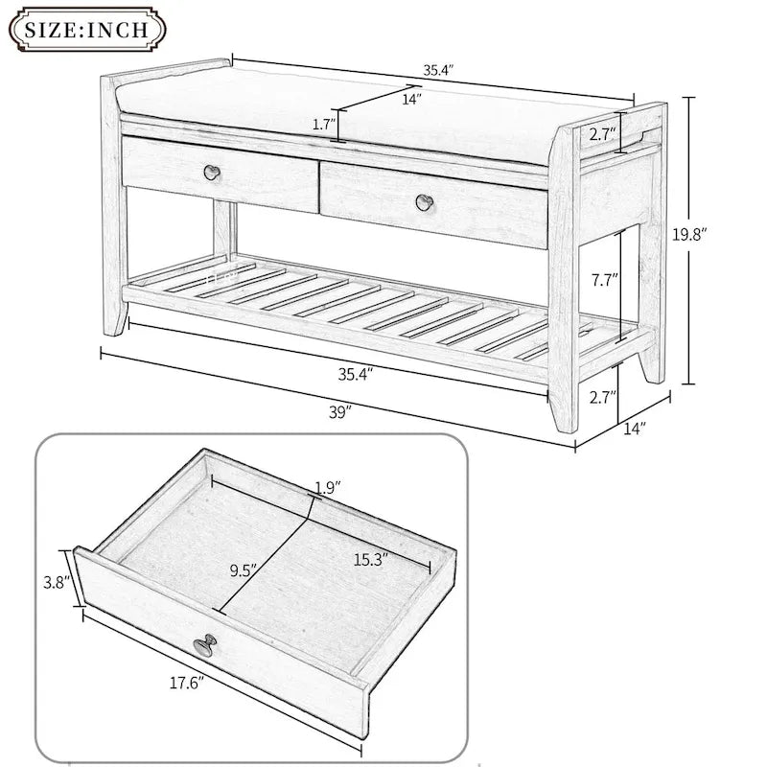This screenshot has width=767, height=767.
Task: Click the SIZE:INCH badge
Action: tap(85, 29)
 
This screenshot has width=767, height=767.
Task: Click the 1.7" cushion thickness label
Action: tap(324, 124)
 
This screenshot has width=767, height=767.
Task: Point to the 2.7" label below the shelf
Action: tap(601, 396)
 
